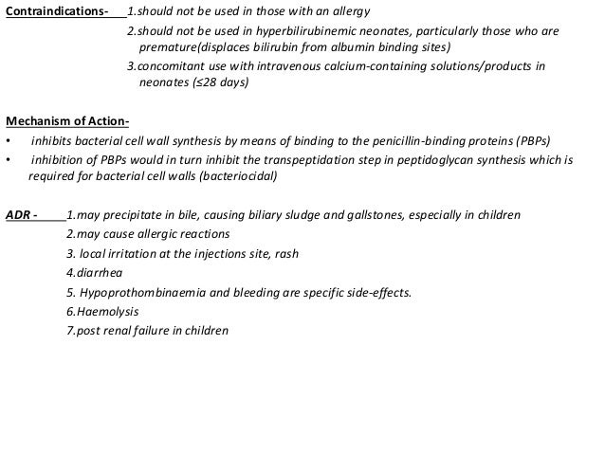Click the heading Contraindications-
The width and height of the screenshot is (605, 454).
click(56, 11)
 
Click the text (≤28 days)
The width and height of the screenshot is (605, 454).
click(220, 83)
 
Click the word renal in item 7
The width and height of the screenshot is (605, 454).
click(117, 331)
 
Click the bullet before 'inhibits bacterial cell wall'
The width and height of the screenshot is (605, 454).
click(9, 141)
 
